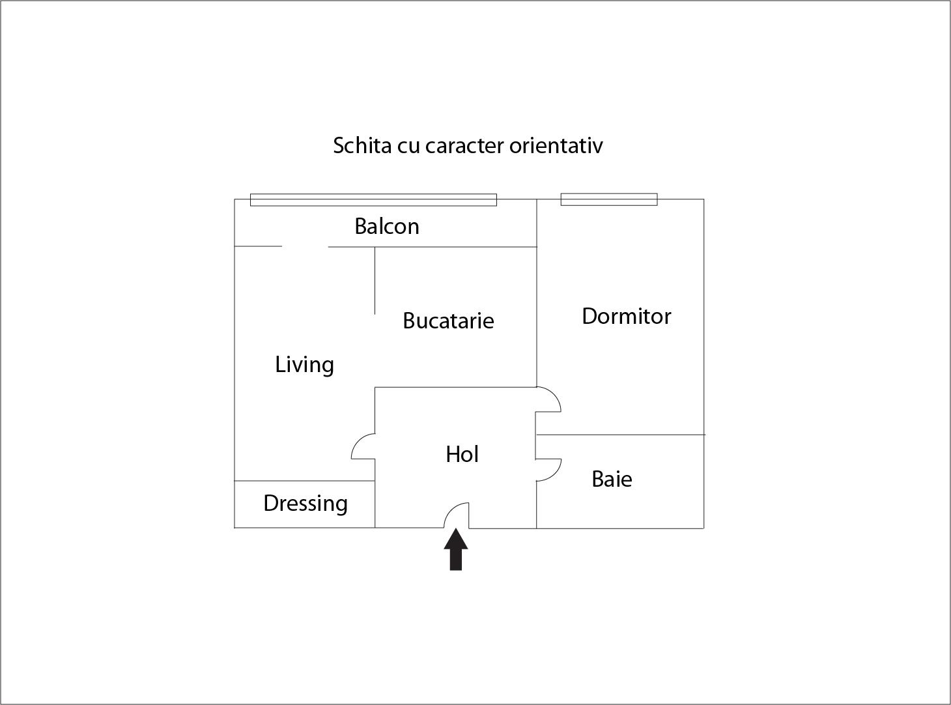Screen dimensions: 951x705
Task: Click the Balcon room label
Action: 387,226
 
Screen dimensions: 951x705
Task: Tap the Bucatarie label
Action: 449,321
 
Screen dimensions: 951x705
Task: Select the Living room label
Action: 304,365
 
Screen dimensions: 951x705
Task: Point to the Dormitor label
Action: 627,316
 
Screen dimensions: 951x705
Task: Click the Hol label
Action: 462,454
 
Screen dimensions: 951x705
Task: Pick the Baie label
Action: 612,479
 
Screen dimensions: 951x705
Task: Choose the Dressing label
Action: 305,504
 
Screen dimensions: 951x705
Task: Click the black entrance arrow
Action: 456,549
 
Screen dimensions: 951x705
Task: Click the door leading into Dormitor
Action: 548,399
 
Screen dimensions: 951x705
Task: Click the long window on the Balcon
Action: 373,199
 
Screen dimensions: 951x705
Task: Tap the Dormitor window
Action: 609,199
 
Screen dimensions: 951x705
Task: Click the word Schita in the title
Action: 362,145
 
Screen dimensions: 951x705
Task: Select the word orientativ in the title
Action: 556,145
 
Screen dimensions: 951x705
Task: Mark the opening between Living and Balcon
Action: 305,247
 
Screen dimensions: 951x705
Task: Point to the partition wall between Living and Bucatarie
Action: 375,281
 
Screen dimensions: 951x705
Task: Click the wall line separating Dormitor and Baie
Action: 620,435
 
